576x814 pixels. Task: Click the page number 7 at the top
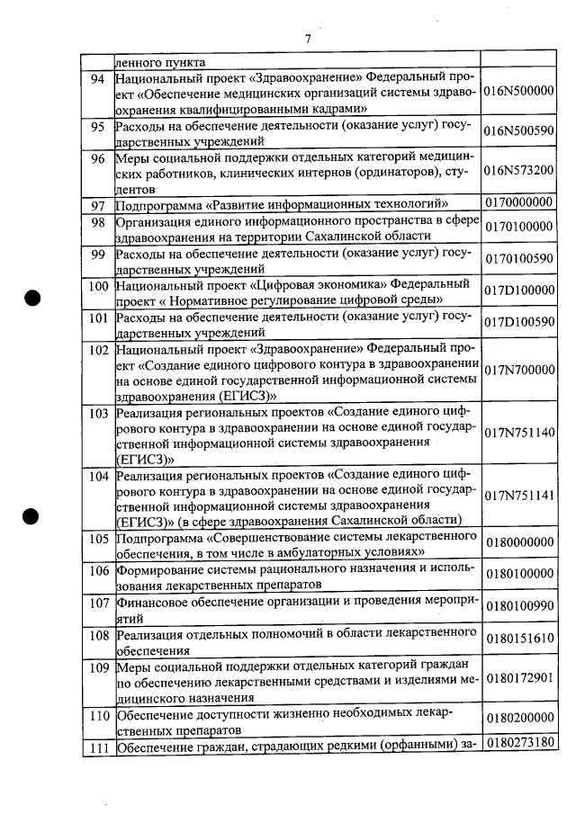(307, 39)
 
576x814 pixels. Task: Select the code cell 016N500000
(518, 92)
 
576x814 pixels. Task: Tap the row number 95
(98, 127)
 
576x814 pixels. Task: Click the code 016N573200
(518, 170)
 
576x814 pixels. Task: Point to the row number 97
(98, 205)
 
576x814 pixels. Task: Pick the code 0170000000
(518, 204)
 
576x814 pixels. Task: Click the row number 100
(98, 285)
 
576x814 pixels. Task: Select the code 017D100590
(518, 322)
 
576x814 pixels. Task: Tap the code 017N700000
(518, 369)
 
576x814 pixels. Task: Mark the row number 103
(98, 413)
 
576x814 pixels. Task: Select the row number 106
(98, 570)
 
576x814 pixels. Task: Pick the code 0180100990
(518, 605)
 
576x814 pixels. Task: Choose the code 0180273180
(518, 743)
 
